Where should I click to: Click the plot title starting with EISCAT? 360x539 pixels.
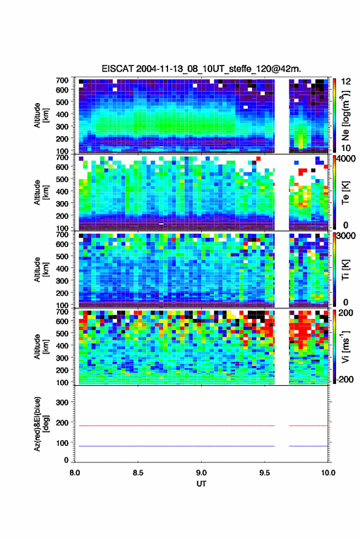pyautogui.click(x=201, y=69)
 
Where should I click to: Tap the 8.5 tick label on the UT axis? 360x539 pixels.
pyautogui.click(x=138, y=473)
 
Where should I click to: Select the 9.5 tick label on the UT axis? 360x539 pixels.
pyautogui.click(x=264, y=473)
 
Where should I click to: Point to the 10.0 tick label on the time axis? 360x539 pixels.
pyautogui.click(x=328, y=473)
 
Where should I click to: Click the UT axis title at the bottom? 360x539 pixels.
pyautogui.click(x=201, y=484)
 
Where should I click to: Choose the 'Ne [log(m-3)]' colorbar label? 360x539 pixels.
pyautogui.click(x=345, y=116)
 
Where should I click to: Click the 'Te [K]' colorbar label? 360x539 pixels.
pyautogui.click(x=345, y=193)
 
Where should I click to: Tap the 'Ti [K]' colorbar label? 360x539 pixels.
pyautogui.click(x=345, y=270)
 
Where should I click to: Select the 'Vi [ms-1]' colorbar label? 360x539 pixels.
pyautogui.click(x=345, y=346)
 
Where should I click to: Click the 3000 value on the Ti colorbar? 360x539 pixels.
pyautogui.click(x=345, y=236)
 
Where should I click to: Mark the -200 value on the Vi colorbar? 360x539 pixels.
pyautogui.click(x=344, y=379)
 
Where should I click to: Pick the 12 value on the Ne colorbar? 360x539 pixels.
pyautogui.click(x=346, y=82)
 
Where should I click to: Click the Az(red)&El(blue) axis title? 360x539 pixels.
pyautogui.click(x=40, y=424)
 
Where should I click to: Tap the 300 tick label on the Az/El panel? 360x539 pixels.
pyautogui.click(x=62, y=402)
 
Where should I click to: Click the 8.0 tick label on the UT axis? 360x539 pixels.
pyautogui.click(x=75, y=473)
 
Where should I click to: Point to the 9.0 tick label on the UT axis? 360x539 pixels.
pyautogui.click(x=201, y=473)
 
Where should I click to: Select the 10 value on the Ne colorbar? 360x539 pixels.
pyautogui.click(x=346, y=148)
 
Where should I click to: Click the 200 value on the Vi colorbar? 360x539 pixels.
pyautogui.click(x=345, y=313)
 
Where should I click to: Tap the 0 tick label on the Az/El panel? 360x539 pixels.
pyautogui.click(x=66, y=460)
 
